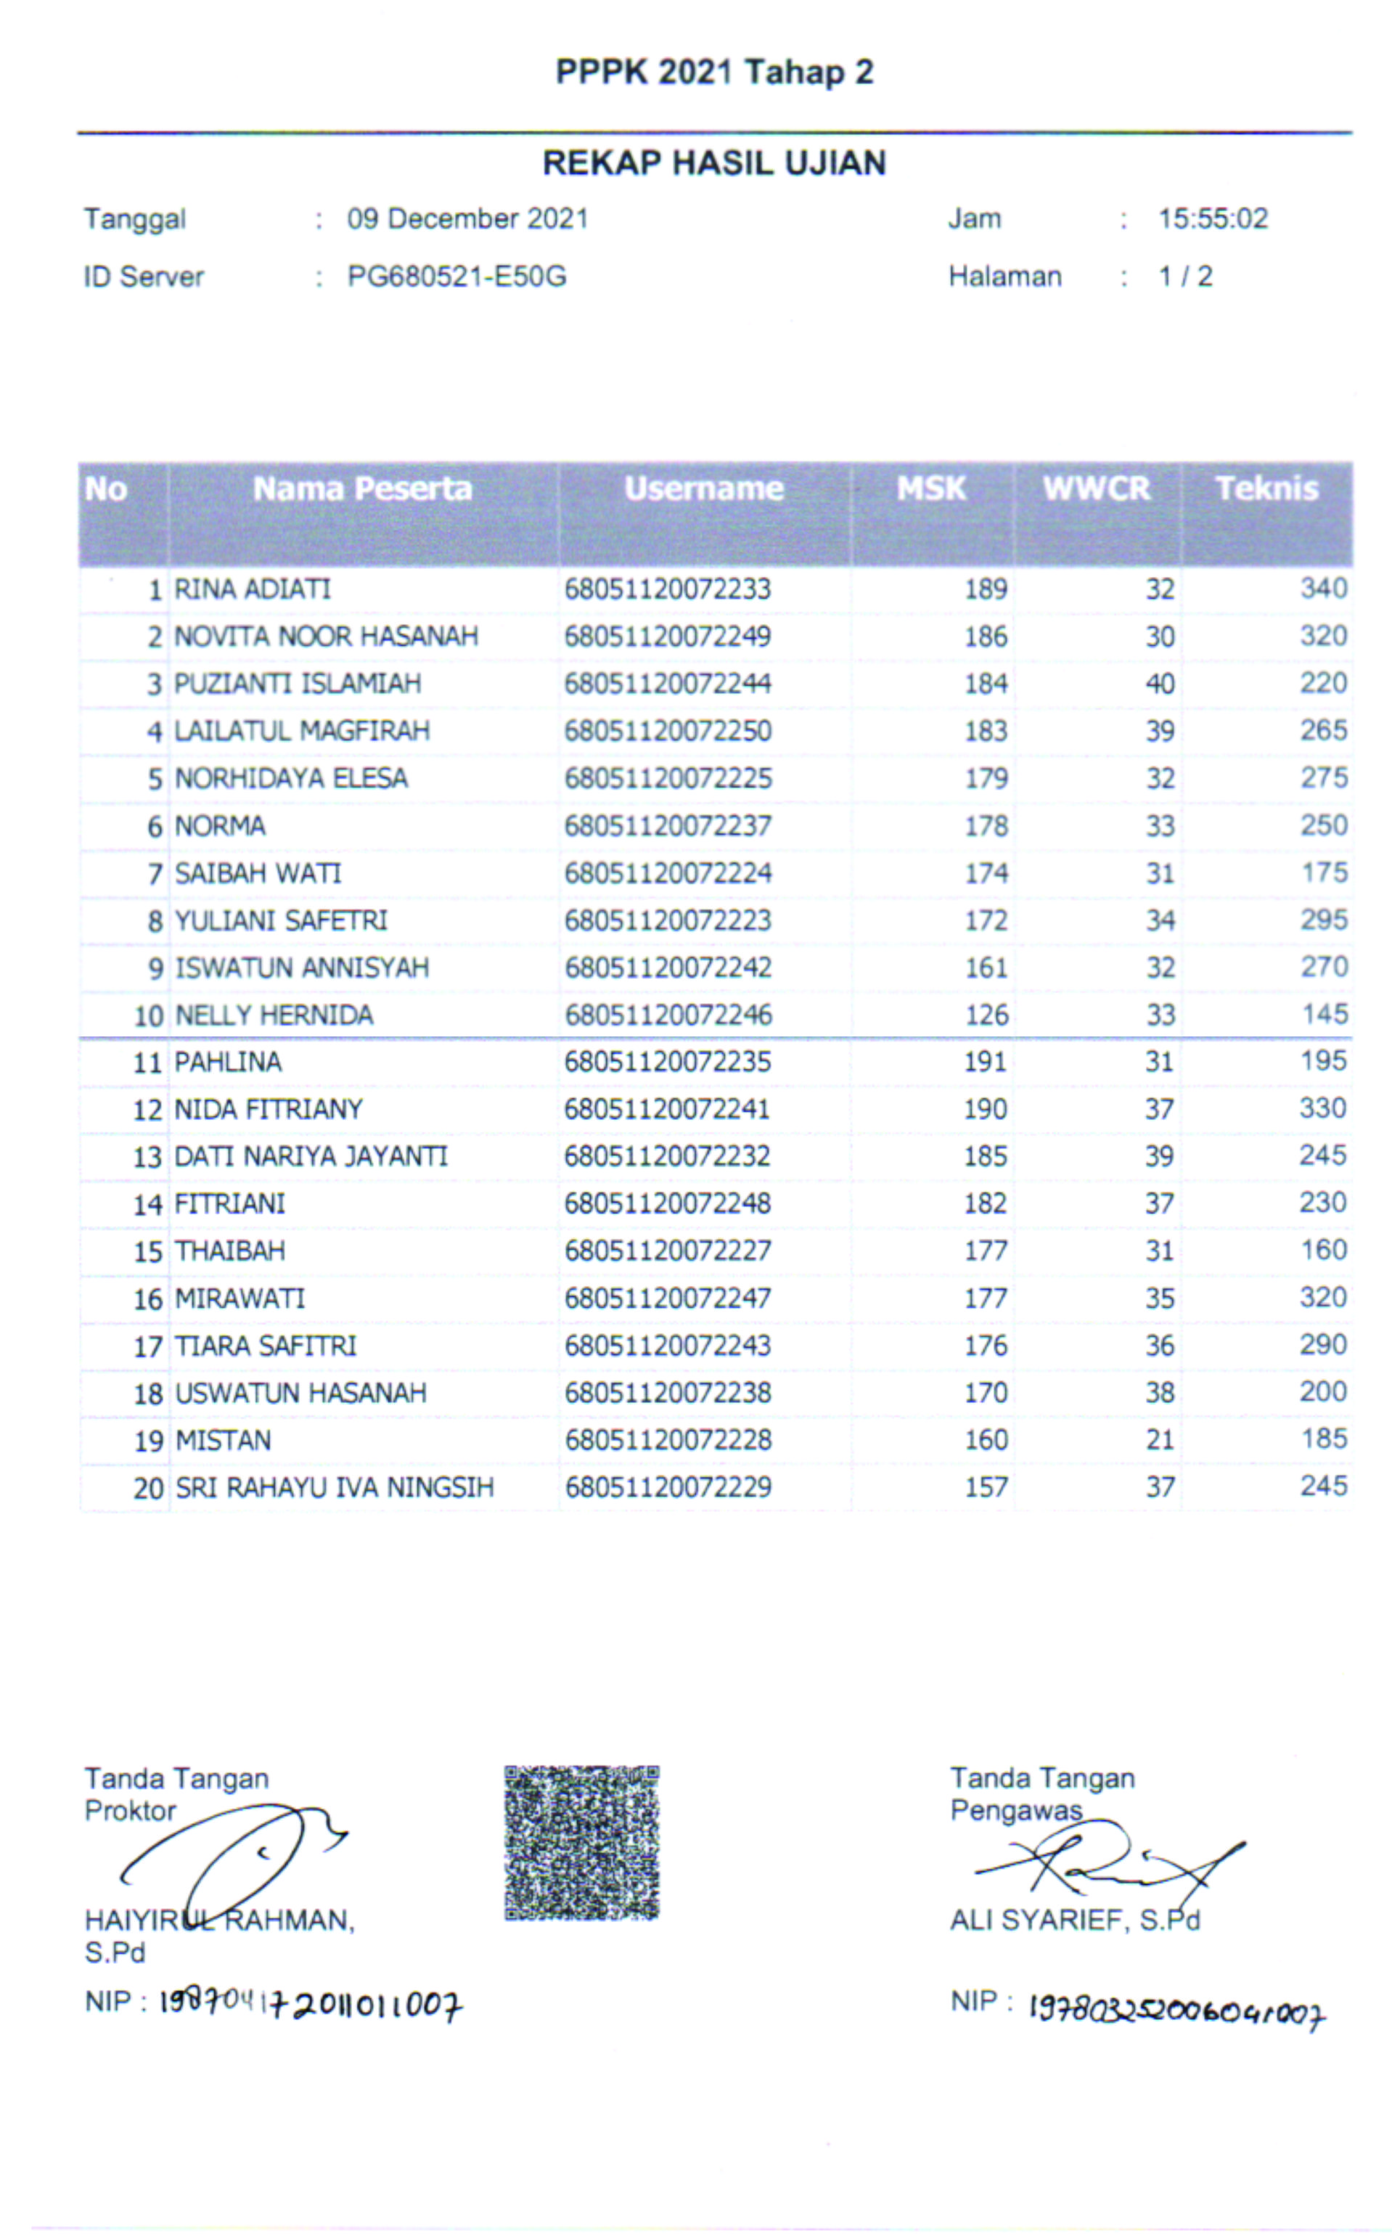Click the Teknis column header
pos(1266,488)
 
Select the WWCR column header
pos(1097,488)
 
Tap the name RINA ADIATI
pos(253,589)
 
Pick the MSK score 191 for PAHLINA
pos(985,1063)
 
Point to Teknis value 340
pos(1324,588)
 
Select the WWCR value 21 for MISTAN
pos(1160,1440)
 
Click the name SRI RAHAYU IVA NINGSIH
pos(334,1487)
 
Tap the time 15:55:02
pos(1213,219)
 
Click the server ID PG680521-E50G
pos(457,276)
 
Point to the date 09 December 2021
pos(467,219)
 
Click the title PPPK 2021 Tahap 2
pos(713,73)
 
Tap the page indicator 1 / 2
pos(1185,276)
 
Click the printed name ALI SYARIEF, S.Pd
pos(1074,1920)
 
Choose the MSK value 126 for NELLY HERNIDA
pos(987,1015)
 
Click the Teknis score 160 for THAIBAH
pos(1324,1250)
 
